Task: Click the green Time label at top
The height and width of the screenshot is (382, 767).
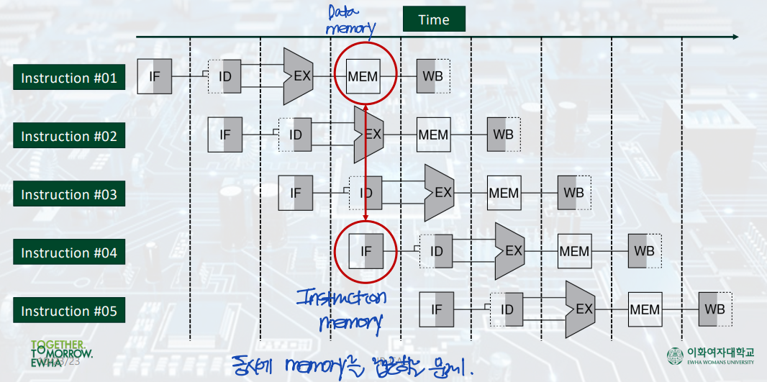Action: pos(433,19)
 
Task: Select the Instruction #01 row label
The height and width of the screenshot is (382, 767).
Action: pos(69,78)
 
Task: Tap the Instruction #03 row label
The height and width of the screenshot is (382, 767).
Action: pos(69,194)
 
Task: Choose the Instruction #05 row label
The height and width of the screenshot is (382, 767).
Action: pos(69,311)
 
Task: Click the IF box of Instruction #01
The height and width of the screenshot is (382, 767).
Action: pos(154,76)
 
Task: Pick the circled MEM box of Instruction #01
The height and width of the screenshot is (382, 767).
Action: pos(363,76)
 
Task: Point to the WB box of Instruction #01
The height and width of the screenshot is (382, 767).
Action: pos(433,76)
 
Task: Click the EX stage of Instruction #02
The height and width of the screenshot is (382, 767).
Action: pos(369,135)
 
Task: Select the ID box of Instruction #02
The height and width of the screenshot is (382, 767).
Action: pos(296,135)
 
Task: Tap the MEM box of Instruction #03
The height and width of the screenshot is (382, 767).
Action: pos(504,193)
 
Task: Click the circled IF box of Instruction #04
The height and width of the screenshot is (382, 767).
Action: pos(366,251)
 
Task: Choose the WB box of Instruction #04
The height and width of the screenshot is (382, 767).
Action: pos(645,251)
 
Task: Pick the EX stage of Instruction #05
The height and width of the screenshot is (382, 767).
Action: pos(581,309)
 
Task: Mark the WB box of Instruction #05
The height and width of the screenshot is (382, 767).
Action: pos(715,309)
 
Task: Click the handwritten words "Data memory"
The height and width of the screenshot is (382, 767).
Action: pos(350,21)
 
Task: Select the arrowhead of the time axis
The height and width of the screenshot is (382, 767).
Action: pos(734,37)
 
